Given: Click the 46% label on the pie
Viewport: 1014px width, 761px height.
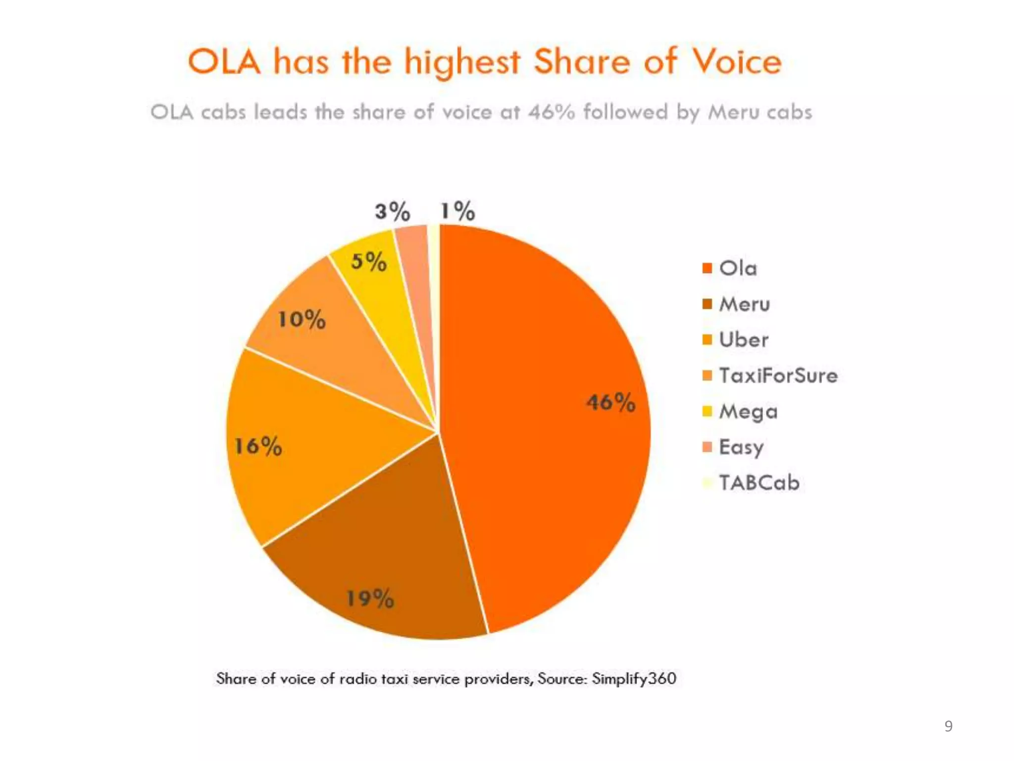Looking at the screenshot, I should coord(610,402).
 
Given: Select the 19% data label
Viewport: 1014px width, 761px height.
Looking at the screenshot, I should coord(370,598).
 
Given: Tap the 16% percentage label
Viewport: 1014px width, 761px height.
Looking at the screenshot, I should coord(258,446).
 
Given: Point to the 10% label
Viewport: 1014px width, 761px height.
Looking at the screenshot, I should coord(302,319).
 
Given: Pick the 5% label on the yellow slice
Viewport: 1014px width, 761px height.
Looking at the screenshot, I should coord(369,261).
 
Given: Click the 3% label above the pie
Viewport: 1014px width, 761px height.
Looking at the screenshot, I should coord(393,211).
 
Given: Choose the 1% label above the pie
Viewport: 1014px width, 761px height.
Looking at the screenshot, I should coord(458,211).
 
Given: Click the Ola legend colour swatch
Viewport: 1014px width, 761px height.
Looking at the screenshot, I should coord(707,268).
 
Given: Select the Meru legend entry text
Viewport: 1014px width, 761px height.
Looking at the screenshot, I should coord(744,304).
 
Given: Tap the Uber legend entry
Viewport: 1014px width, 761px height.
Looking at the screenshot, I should coord(743,340).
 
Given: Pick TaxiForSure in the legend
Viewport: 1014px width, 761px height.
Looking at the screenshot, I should coord(778,376).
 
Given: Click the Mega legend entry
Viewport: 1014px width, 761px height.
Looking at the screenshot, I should coord(748,412).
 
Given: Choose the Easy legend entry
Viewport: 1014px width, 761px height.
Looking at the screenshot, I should coord(741,447).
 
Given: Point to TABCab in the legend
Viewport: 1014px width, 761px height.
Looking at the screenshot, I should coord(759,483).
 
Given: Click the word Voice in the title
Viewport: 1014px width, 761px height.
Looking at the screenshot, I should coord(736,62).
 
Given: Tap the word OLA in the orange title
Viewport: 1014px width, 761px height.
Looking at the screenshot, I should coord(224,62).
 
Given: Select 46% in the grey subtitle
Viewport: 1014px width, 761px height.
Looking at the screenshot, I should coord(552,112).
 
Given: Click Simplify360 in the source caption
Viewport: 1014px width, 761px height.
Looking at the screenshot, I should coord(634,678).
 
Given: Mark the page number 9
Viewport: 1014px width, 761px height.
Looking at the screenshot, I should coord(948,726).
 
